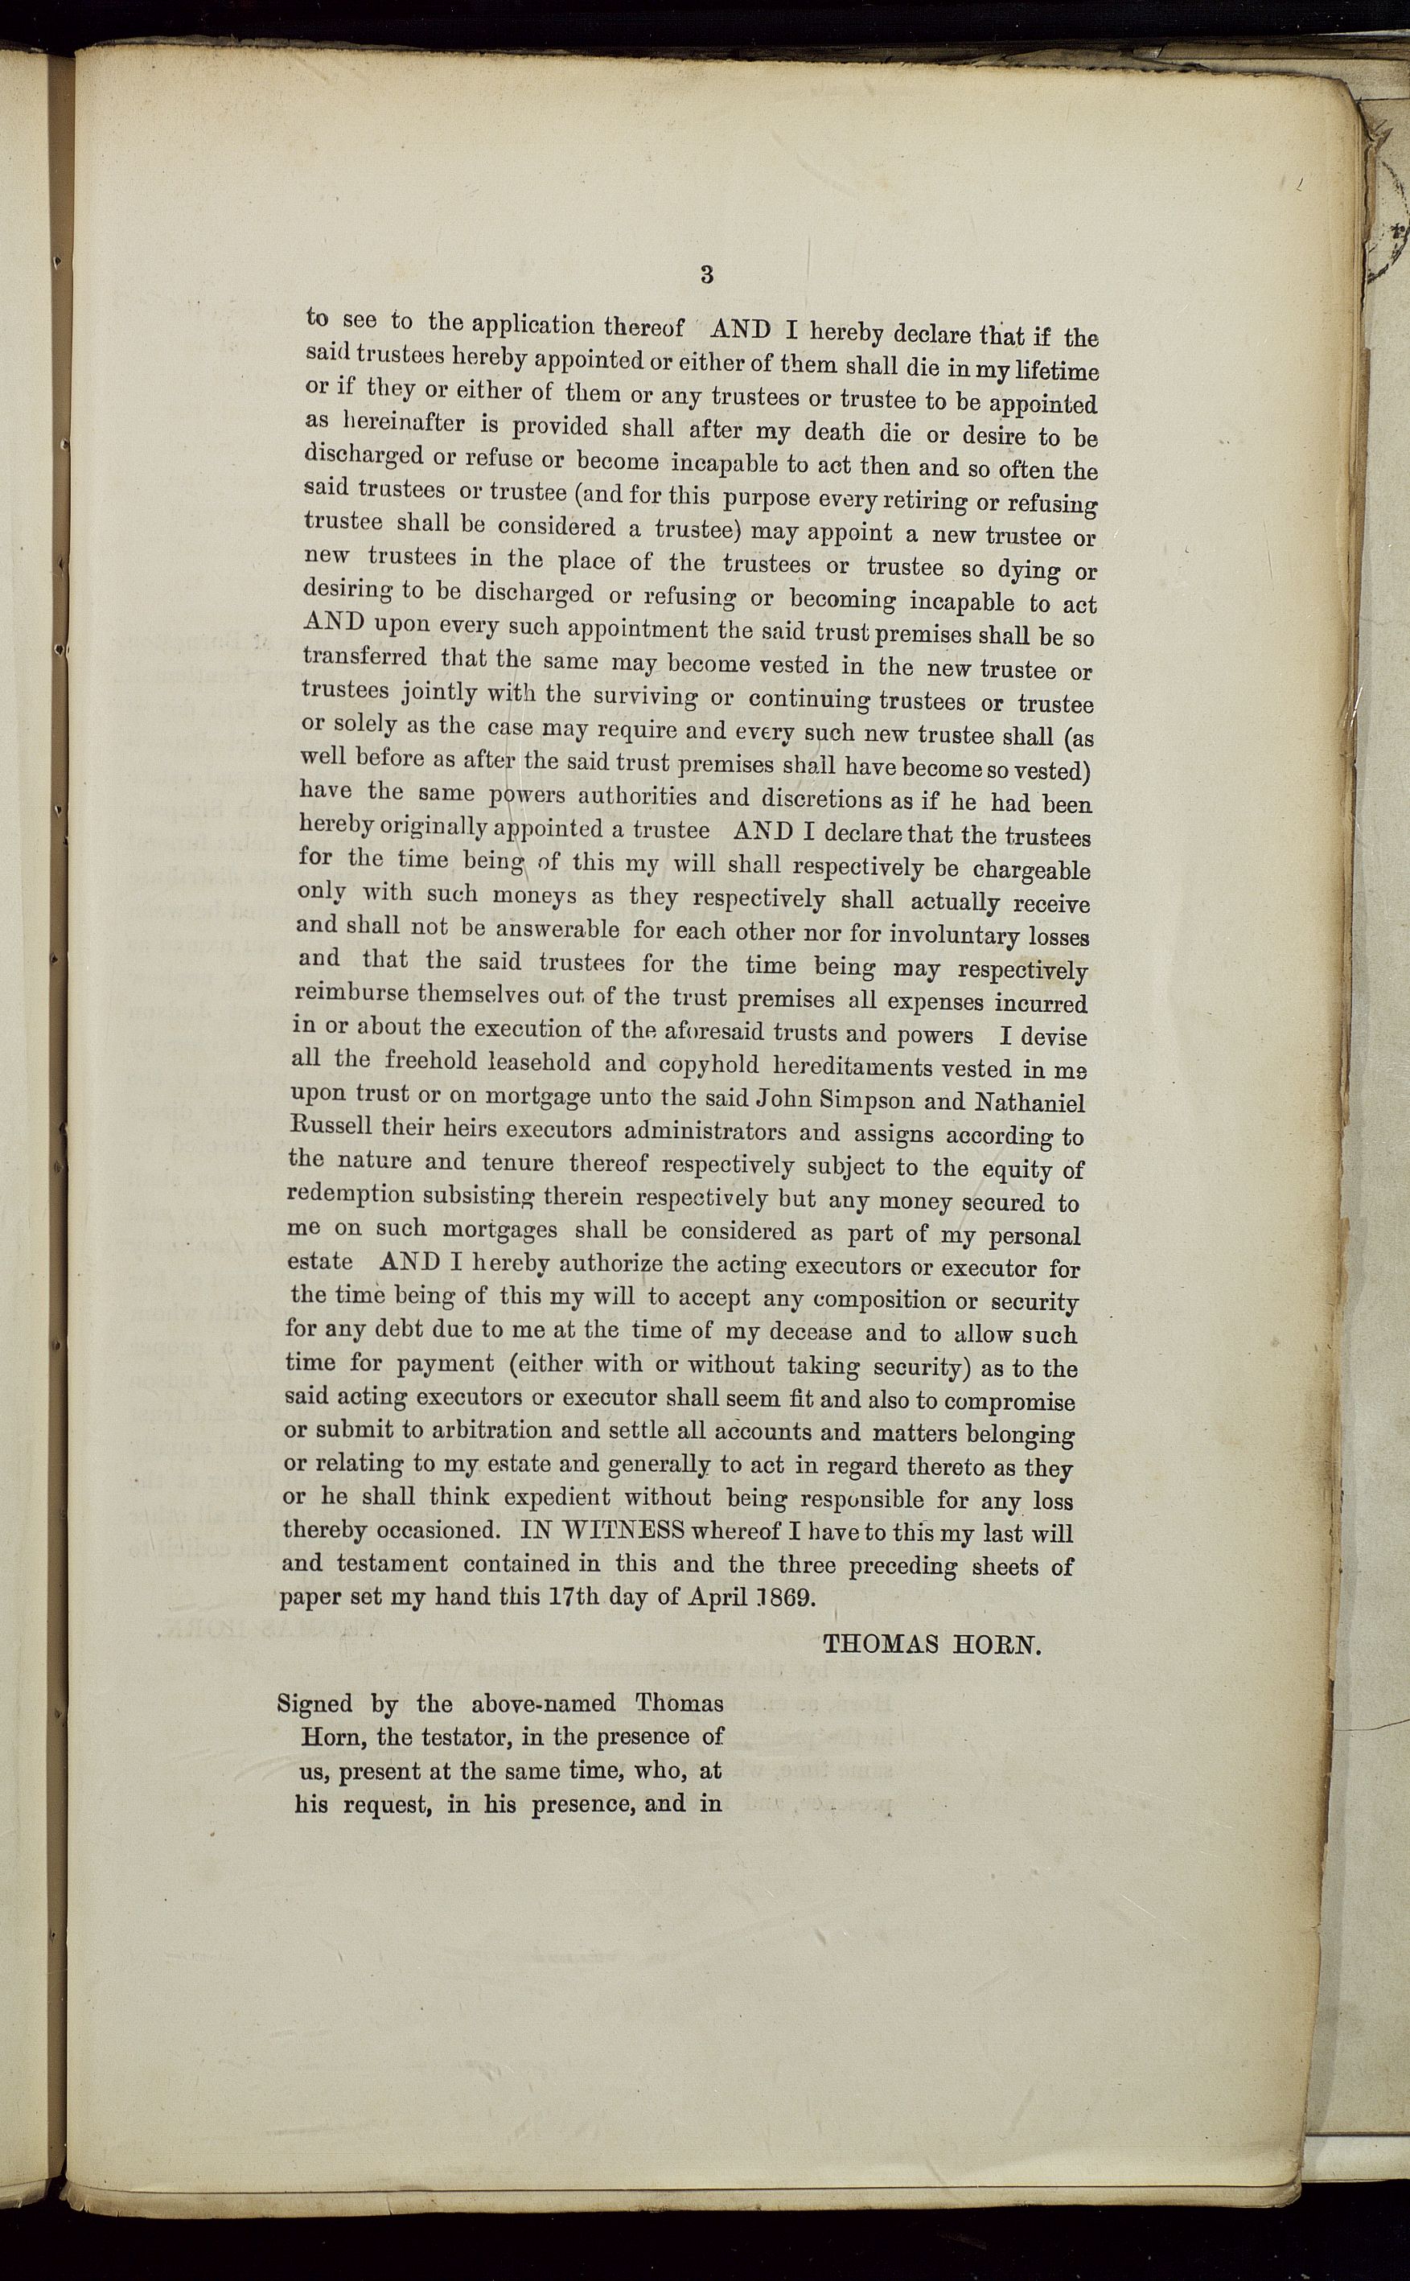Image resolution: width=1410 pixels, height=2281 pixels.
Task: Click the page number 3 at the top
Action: tap(706, 274)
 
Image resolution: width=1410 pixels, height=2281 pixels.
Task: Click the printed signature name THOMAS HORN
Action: tap(931, 1644)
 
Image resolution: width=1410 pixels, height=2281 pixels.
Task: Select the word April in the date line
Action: tap(718, 1596)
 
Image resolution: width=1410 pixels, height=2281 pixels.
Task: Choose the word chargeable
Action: tap(1031, 870)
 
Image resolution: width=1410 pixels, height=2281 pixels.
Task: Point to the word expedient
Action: tap(557, 1498)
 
